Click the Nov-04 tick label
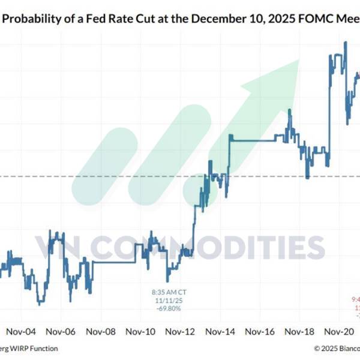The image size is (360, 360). pos(21,331)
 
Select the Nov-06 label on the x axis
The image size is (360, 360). pos(61,331)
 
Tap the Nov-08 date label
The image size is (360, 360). pos(100,331)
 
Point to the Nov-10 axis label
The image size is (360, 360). pos(141,331)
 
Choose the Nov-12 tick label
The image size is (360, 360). pos(181,331)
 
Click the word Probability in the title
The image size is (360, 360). pos(35,19)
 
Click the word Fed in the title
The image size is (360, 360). pos(102,19)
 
